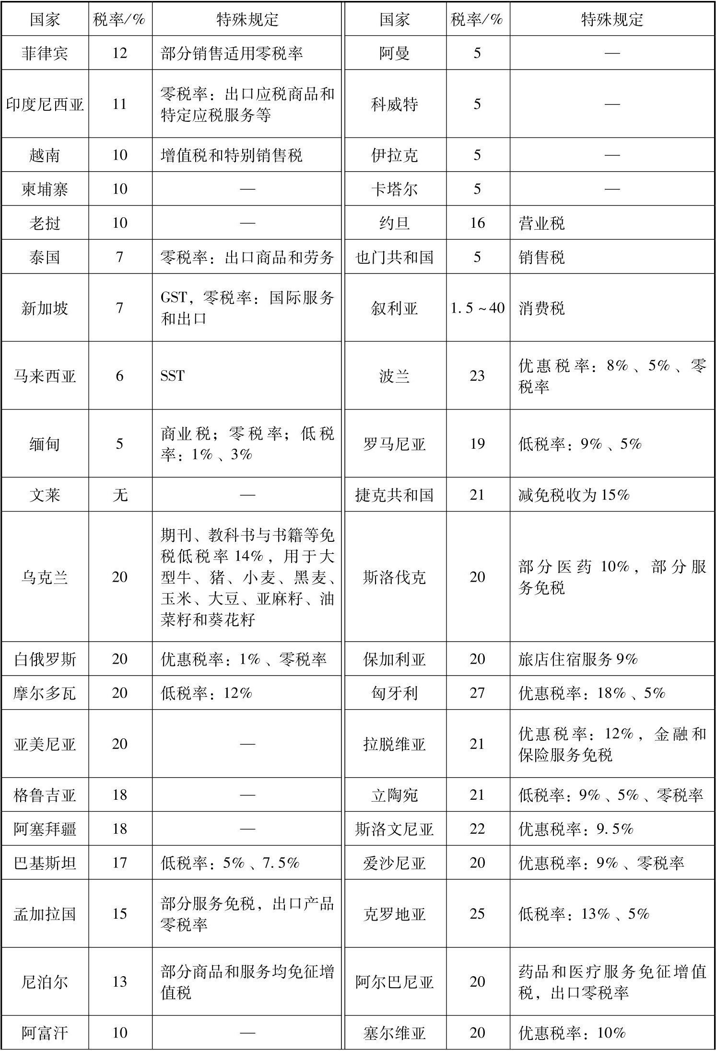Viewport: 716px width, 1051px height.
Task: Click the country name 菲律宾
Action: click(45, 53)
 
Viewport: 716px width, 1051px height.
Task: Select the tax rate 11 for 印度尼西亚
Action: click(119, 104)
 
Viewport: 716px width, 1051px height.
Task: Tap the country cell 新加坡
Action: click(45, 308)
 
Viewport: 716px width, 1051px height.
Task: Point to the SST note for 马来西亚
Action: click(173, 375)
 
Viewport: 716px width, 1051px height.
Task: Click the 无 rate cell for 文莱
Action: click(119, 494)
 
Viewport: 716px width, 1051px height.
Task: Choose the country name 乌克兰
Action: click(45, 577)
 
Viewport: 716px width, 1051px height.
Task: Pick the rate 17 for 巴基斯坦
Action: click(119, 863)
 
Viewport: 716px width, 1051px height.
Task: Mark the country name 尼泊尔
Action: click(45, 982)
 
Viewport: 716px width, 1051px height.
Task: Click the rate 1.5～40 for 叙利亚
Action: click(478, 308)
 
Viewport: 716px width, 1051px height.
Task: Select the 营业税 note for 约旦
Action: click(542, 223)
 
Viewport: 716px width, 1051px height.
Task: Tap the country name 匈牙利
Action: click(394, 693)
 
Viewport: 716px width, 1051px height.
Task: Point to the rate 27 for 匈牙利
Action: click(478, 693)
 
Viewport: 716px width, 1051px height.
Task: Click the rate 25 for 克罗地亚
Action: click(478, 914)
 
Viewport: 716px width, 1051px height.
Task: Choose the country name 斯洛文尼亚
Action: click(394, 829)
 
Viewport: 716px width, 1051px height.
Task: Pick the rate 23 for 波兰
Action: click(478, 375)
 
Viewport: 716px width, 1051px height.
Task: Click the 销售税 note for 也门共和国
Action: click(542, 257)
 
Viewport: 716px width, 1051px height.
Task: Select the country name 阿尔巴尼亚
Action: click(394, 982)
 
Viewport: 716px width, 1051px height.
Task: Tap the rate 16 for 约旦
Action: click(478, 223)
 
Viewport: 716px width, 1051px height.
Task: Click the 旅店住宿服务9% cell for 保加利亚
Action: click(578, 659)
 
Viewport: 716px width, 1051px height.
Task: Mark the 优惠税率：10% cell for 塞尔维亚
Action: click(572, 1033)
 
